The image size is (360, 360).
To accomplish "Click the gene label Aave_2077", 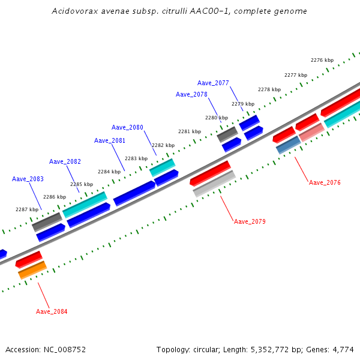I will [x=213, y=83].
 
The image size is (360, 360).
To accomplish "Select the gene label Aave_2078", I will [x=191, y=94].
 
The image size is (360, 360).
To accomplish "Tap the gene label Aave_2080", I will [x=127, y=127].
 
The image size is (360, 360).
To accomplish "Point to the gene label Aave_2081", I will [x=110, y=140].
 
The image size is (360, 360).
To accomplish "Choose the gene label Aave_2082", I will [x=65, y=161].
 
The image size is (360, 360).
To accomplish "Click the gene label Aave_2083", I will [x=28, y=179].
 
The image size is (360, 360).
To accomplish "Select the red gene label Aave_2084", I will [x=52, y=311].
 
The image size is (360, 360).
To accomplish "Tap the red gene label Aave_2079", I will [x=250, y=221].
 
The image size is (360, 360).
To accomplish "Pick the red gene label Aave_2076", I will [x=325, y=182].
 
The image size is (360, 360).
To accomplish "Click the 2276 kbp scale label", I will [x=322, y=60].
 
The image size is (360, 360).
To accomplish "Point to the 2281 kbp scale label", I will [x=190, y=131].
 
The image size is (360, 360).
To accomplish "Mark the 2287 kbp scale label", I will [x=26, y=209].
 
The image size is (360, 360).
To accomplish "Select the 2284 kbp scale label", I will [x=109, y=172].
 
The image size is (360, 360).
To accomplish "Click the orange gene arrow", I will [x=32, y=270].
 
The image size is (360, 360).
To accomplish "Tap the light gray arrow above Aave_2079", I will [x=214, y=184].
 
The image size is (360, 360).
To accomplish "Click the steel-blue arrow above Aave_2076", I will [x=288, y=145].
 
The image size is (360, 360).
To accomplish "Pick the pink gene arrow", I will [x=311, y=132].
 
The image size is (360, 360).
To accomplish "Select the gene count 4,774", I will [x=343, y=349].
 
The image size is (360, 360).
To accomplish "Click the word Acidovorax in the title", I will [x=73, y=11].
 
